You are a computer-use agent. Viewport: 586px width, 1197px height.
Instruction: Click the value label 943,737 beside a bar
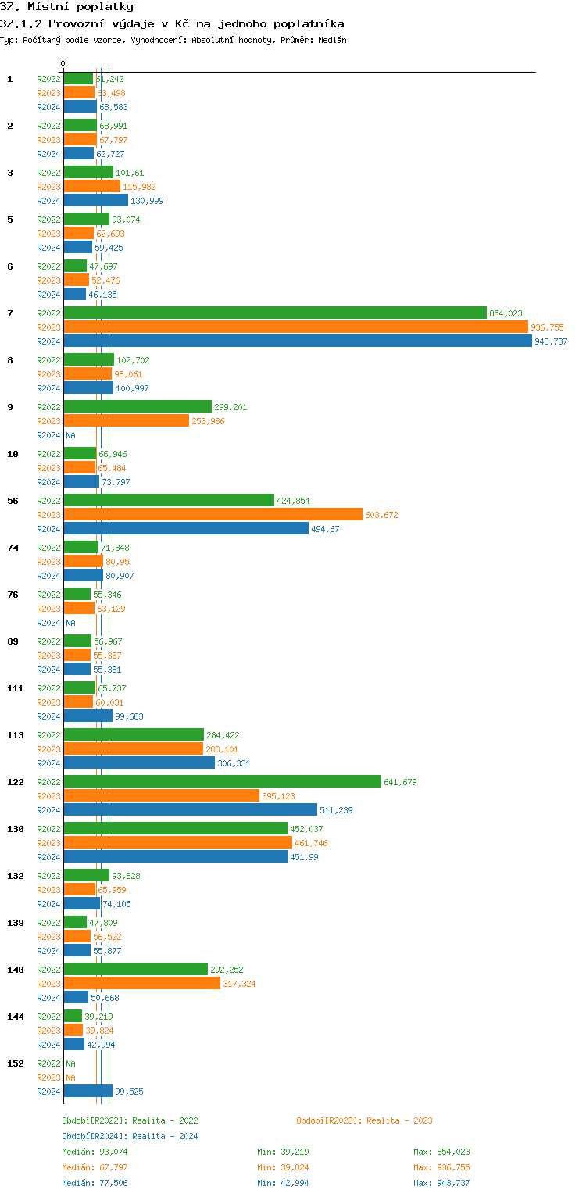click(x=551, y=341)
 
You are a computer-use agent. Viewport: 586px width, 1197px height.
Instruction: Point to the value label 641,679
click(x=401, y=782)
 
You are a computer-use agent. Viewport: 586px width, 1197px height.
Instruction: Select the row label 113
click(x=15, y=735)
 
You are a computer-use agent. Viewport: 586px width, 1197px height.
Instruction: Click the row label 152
click(x=15, y=1063)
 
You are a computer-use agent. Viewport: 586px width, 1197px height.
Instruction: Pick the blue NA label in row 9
click(x=70, y=435)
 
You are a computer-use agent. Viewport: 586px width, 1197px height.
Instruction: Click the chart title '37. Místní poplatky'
click(x=66, y=7)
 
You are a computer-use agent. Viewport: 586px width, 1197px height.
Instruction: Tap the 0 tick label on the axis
click(x=63, y=63)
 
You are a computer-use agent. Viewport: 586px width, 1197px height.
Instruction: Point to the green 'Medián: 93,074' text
click(x=95, y=1152)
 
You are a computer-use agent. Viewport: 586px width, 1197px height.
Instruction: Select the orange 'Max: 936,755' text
click(x=441, y=1167)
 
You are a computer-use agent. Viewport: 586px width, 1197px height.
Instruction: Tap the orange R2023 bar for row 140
click(x=141, y=984)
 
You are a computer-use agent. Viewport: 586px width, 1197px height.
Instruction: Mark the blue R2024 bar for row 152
click(x=88, y=1092)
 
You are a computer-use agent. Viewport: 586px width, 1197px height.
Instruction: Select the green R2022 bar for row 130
click(x=175, y=829)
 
